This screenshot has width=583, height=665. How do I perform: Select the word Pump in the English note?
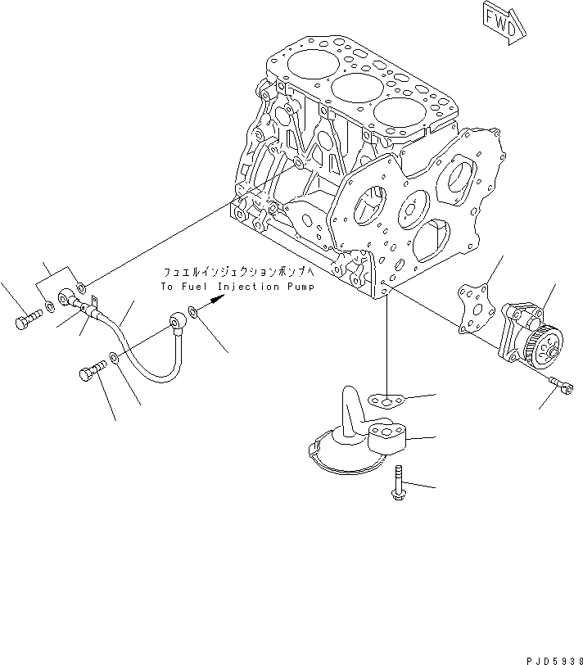coord(300,287)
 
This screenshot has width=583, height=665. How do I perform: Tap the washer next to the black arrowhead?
coord(192,312)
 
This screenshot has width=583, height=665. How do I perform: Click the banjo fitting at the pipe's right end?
coord(177,323)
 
